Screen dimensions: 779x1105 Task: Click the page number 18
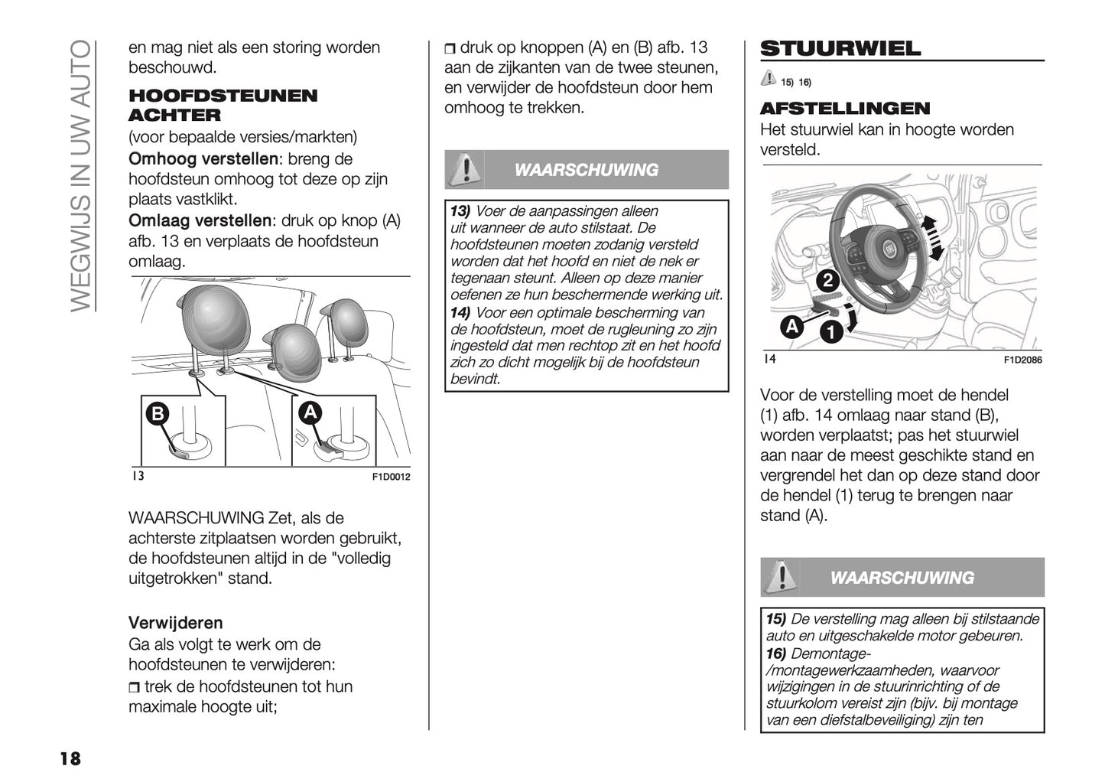[70, 758]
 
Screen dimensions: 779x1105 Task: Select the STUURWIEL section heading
[840, 48]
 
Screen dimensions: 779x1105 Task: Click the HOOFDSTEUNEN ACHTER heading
[222, 105]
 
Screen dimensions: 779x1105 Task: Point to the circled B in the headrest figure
[157, 414]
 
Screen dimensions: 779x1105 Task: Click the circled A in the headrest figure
[310, 412]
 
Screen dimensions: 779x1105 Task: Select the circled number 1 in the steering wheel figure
[830, 332]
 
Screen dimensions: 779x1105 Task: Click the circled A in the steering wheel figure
[791, 328]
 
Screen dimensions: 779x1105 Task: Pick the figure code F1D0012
[391, 477]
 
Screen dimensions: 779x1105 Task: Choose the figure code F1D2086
[1022, 360]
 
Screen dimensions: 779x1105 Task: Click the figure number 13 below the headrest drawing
[137, 476]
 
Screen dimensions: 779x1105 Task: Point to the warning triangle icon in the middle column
[463, 170]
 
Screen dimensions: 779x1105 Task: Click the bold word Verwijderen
[175, 622]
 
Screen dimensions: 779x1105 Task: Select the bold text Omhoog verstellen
[203, 159]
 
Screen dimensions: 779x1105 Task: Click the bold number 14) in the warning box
[460, 312]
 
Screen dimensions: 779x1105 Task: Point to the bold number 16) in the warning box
[776, 654]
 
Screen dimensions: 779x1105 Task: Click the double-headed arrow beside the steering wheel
[931, 238]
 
